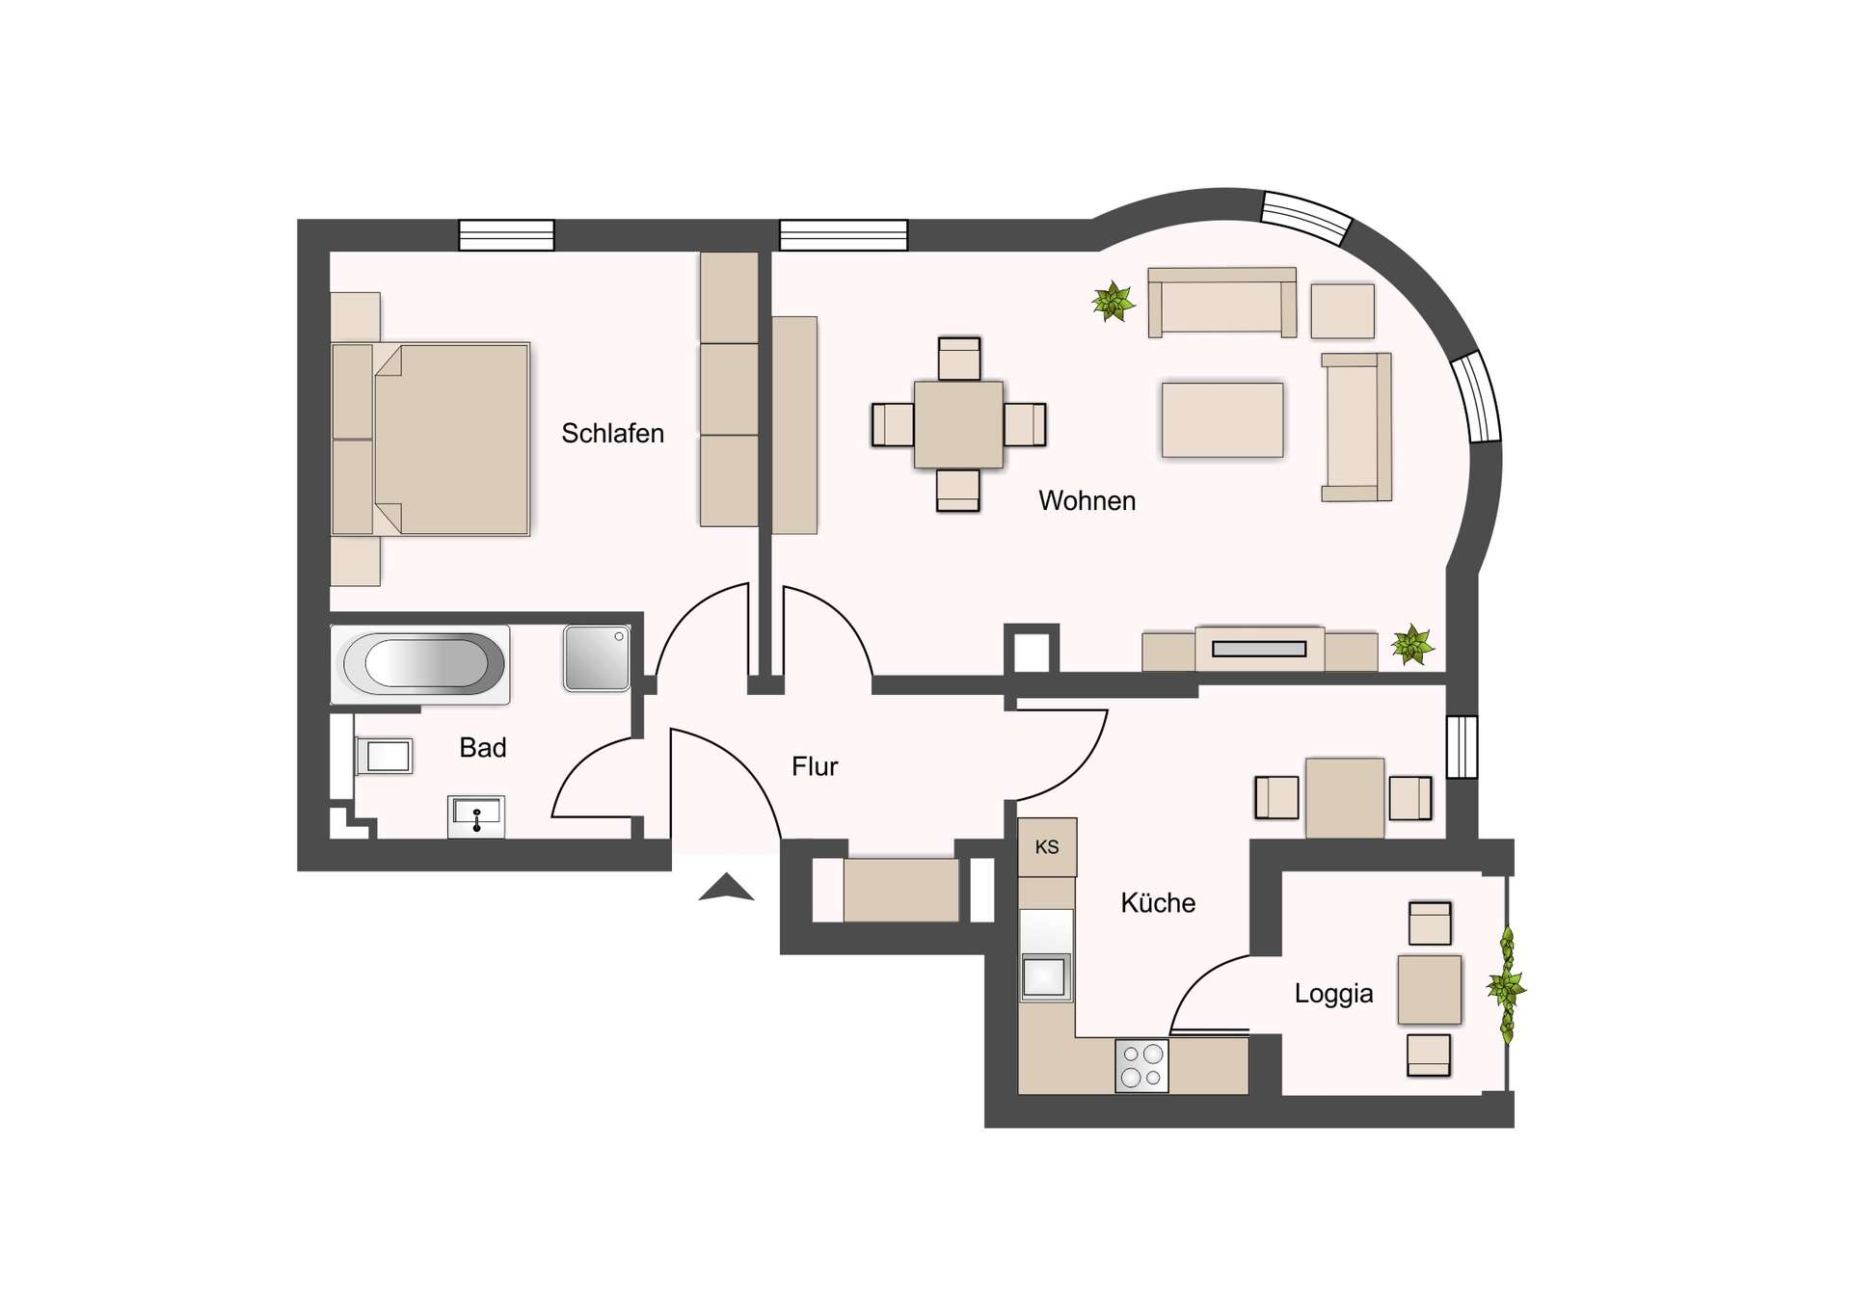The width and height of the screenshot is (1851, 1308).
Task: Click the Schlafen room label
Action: click(612, 434)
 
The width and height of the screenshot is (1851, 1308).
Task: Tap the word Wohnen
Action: click(1086, 501)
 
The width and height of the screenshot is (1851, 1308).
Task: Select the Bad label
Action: click(483, 747)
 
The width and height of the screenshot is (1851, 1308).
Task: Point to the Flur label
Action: click(815, 766)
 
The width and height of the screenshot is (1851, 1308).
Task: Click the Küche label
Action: click(1158, 903)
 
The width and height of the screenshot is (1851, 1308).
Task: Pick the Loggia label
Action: click(1333, 994)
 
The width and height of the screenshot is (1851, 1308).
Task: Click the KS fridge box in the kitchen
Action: click(1047, 847)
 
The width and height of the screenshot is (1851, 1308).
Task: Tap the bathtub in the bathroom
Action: click(421, 663)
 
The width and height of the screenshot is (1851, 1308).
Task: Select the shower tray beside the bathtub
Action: click(597, 658)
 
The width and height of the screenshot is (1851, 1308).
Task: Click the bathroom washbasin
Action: click(476, 816)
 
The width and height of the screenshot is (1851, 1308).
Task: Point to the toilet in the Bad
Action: click(385, 756)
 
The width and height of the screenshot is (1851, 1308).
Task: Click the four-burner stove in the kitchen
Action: click(1142, 1065)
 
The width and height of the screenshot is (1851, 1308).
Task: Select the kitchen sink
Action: click(1045, 976)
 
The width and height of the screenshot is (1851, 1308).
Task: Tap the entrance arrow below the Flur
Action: click(726, 888)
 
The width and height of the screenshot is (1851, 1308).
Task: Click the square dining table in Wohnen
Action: click(958, 424)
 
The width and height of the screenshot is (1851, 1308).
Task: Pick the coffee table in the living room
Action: click(1222, 419)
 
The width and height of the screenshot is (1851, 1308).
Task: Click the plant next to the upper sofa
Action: click(1113, 302)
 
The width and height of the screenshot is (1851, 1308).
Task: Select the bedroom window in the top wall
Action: click(506, 235)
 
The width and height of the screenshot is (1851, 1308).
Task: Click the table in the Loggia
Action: click(1430, 989)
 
